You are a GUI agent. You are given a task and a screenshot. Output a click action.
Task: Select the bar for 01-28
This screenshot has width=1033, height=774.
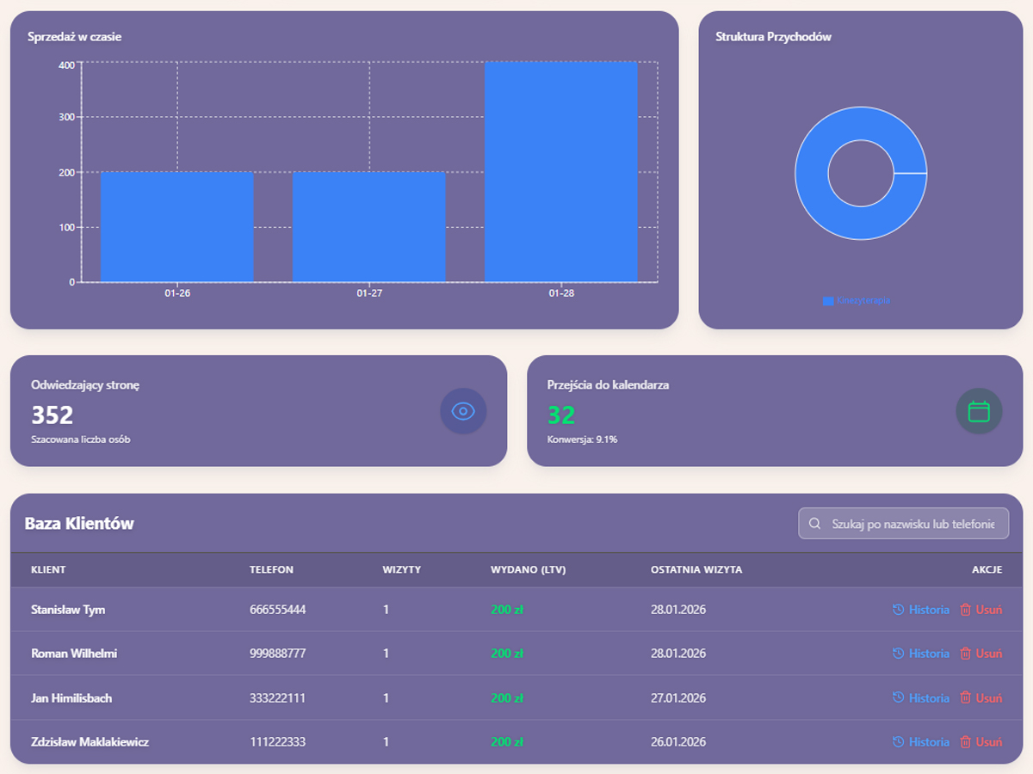tap(560, 172)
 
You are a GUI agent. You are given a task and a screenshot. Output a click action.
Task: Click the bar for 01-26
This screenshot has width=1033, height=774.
tap(176, 227)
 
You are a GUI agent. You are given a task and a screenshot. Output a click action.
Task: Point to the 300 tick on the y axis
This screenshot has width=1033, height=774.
tap(66, 117)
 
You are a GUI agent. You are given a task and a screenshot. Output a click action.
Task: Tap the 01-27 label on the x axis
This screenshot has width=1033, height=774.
tap(369, 293)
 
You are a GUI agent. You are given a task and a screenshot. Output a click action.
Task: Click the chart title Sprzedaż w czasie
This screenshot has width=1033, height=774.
tap(74, 37)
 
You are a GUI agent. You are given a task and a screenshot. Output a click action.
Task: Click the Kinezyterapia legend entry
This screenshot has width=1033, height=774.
tap(857, 301)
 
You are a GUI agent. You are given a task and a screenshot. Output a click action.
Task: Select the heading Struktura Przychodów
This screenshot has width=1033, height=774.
tap(773, 37)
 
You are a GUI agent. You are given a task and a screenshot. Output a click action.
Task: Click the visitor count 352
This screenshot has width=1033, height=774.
tap(53, 415)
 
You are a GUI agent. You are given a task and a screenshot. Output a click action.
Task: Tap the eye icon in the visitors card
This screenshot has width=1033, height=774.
tap(463, 411)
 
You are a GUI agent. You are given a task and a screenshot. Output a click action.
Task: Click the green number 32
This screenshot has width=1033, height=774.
tap(561, 415)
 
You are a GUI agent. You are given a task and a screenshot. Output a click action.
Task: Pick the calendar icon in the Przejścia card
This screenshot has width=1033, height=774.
tap(979, 411)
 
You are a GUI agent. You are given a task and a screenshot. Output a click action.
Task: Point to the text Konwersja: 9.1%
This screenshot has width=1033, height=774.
tap(582, 439)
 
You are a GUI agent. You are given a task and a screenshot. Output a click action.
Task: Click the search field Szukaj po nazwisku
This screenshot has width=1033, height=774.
tap(912, 524)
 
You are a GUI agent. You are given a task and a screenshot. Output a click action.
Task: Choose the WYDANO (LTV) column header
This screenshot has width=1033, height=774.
tap(529, 569)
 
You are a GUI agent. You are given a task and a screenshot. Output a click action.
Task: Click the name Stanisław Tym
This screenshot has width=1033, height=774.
tap(68, 610)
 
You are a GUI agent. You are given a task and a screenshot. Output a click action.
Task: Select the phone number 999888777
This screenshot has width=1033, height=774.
tap(277, 654)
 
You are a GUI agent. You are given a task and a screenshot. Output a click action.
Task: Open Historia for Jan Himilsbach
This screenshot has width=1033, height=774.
tap(921, 698)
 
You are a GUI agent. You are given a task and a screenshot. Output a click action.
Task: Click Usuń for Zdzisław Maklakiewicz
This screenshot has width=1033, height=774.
tap(981, 742)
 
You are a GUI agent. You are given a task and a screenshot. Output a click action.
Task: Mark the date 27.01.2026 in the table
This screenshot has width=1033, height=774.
tap(678, 698)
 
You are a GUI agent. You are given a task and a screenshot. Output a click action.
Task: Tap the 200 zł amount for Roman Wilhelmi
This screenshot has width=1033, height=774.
tap(507, 654)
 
